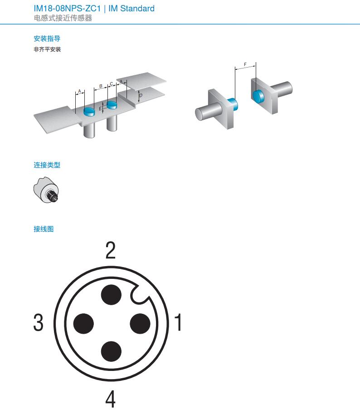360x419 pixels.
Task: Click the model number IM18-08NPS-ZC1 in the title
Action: [67, 9]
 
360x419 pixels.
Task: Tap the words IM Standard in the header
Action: [131, 9]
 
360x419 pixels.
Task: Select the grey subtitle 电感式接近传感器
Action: [63, 18]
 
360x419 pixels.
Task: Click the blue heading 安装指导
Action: [47, 39]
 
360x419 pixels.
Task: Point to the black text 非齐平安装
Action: [47, 49]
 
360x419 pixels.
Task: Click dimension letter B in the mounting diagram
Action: [101, 86]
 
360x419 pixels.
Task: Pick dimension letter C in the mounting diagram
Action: [112, 84]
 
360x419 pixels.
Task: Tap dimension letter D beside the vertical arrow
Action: [141, 95]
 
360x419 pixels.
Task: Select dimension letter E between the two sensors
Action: [100, 109]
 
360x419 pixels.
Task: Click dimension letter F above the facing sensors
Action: [245, 64]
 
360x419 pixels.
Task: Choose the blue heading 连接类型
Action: [47, 165]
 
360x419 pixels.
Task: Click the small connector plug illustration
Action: [46, 190]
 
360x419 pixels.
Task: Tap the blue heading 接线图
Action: [44, 229]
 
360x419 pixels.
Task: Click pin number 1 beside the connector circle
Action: [178, 322]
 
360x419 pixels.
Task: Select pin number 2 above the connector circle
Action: [111, 250]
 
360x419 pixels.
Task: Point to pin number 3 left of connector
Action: [38, 322]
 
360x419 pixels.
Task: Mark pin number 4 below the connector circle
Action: [110, 399]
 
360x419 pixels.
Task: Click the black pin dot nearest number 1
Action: [140, 324]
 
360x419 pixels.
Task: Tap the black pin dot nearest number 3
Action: [83, 324]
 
